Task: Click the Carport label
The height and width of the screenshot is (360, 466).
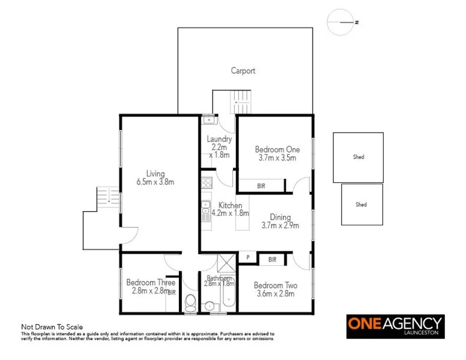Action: point(243,71)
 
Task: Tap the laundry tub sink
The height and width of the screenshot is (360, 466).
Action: point(208,119)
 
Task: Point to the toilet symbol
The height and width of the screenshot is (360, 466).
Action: point(190,302)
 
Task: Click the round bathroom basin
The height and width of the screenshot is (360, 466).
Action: point(209,305)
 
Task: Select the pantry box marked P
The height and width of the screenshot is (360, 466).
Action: point(247,258)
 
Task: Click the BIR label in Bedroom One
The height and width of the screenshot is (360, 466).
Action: point(261,187)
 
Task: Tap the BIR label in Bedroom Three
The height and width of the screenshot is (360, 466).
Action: point(172,292)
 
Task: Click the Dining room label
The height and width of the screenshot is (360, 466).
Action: point(280,217)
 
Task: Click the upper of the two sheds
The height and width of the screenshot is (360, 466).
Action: point(359,157)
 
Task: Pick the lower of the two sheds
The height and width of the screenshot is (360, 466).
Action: point(361,205)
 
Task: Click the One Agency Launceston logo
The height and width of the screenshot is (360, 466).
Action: point(395,326)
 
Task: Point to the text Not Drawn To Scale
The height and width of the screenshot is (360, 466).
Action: point(52,327)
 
